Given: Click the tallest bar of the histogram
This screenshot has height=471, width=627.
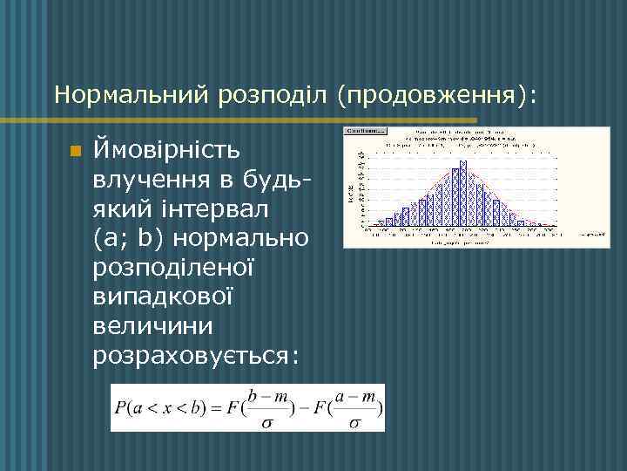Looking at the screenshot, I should click(463, 193).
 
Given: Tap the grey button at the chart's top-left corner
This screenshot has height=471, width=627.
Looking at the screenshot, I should click(367, 131).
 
